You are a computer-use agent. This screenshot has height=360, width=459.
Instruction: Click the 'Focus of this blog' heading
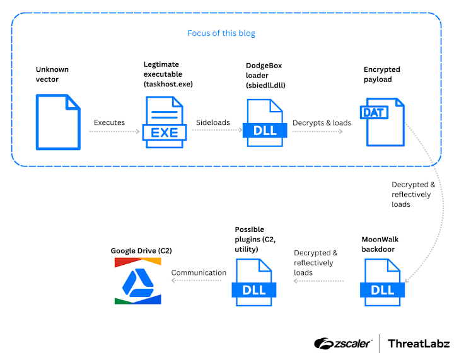point(221,33)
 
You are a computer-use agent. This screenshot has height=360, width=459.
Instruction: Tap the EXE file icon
point(165,122)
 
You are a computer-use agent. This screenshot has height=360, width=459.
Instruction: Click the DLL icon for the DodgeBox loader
point(265,122)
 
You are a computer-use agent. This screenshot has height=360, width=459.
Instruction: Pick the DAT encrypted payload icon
point(382,122)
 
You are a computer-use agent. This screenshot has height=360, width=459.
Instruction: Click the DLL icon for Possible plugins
point(254,281)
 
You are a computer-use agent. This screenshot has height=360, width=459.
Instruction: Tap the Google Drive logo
point(138,281)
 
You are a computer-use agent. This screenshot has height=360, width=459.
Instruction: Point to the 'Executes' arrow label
point(110,122)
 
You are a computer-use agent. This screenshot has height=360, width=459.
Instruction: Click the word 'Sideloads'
point(212,122)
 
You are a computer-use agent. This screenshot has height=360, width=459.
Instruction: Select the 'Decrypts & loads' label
point(322,122)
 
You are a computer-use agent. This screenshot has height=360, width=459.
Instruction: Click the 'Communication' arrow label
point(199,273)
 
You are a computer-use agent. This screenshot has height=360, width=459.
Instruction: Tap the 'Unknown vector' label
point(52,74)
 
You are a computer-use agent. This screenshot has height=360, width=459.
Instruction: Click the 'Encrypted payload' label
point(382,74)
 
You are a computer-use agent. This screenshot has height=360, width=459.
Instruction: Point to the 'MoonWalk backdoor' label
point(380,245)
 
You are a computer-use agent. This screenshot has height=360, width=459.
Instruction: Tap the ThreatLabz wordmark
point(419,344)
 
